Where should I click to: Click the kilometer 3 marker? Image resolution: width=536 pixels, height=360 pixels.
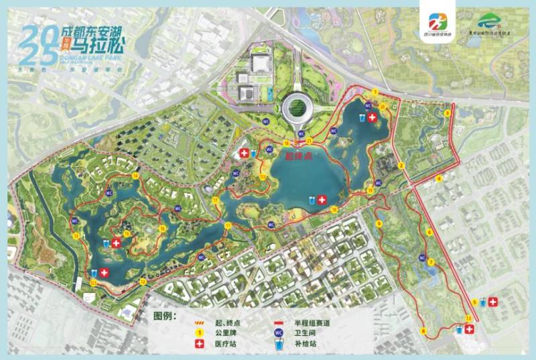point(446,113)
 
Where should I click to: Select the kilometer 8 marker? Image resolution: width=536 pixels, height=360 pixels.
point(424,331)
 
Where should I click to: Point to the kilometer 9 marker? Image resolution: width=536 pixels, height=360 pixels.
point(379,223)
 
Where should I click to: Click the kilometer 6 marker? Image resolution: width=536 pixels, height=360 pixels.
point(429,232)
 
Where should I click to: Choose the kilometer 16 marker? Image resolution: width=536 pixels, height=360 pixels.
point(162,229)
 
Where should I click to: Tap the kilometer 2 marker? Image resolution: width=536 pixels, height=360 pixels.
point(401,166)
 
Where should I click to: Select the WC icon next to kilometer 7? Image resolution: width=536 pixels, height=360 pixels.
point(422,256)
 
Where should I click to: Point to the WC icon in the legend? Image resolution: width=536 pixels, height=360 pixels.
point(277,333)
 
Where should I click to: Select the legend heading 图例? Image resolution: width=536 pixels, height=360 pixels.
point(163,314)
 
